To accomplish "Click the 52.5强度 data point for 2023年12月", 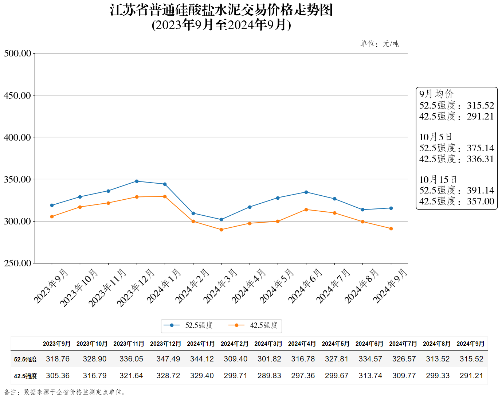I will (x=137, y=181).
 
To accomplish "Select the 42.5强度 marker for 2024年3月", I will (x=221, y=230).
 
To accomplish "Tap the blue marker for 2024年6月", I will (x=306, y=192).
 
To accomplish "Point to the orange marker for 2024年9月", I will (x=391, y=228).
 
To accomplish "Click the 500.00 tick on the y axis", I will (x=17, y=54).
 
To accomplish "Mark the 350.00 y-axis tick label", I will (x=17, y=179).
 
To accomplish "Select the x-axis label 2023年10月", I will (x=79, y=288).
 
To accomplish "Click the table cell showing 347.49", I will (x=168, y=359).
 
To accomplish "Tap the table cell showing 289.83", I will (x=269, y=376).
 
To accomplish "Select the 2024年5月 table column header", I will (x=336, y=344).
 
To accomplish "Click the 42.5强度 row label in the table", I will (x=26, y=376).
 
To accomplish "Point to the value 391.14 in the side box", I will (x=481, y=190).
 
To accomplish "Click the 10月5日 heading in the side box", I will (x=436, y=137).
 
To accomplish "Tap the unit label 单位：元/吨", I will (x=380, y=44).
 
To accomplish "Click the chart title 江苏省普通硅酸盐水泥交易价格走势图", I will (x=221, y=10).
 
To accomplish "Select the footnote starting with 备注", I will (x=66, y=392).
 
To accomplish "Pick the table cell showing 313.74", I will (x=370, y=376).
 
